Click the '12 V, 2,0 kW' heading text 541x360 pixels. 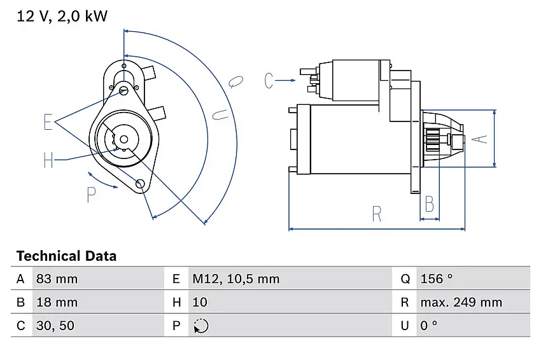click(x=62, y=16)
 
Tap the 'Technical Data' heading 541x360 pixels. click(x=66, y=256)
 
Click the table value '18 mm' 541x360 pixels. click(x=58, y=303)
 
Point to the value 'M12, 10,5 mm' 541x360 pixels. click(x=235, y=279)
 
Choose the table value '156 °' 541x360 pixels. click(x=436, y=279)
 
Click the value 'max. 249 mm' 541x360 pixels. click(x=461, y=303)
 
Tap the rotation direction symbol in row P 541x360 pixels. click(x=200, y=326)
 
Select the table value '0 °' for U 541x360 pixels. click(x=429, y=326)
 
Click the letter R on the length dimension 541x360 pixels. click(x=377, y=214)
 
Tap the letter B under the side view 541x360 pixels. click(x=430, y=204)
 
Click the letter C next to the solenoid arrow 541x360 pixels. click(x=269, y=81)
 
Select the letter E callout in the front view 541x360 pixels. click(x=48, y=122)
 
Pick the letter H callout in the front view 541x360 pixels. click(x=48, y=160)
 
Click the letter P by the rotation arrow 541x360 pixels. click(x=91, y=195)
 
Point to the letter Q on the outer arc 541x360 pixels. click(x=235, y=80)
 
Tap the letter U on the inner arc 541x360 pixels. click(x=219, y=114)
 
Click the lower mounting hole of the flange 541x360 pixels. click(x=141, y=184)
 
